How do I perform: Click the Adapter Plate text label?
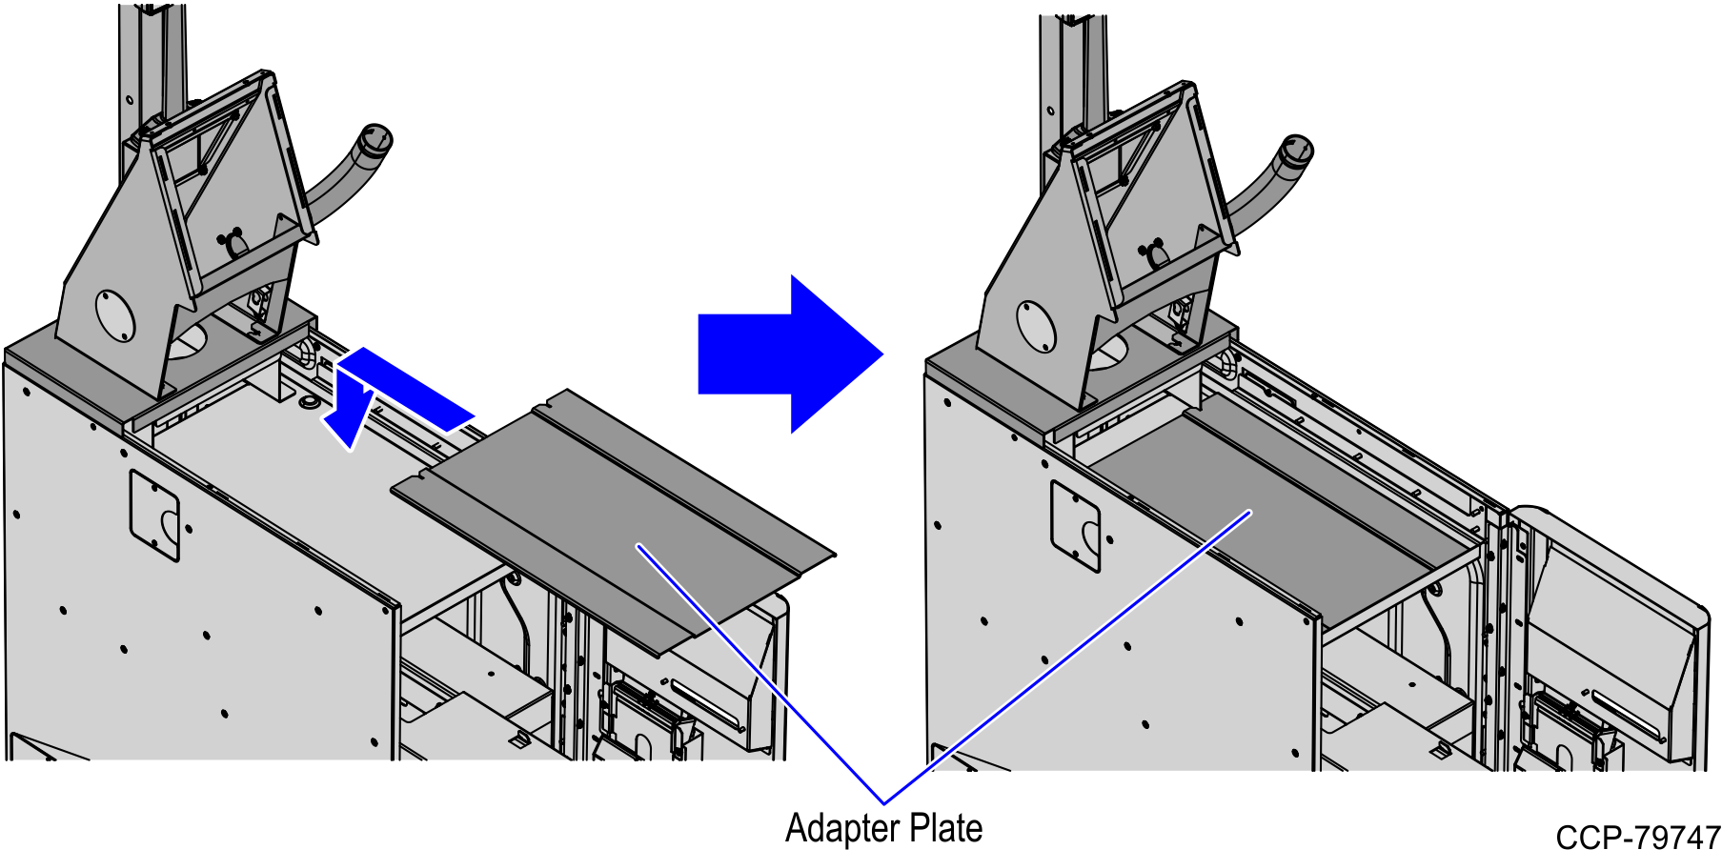pos(883,828)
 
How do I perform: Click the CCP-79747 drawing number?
pos(1637,838)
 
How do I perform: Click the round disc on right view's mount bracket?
pos(1036,327)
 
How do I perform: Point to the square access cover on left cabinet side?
pos(154,516)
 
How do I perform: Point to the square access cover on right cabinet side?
pos(1075,526)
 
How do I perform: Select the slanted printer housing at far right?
pos(1611,629)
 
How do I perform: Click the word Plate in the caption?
pos(943,828)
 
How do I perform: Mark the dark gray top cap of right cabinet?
pos(982,381)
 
